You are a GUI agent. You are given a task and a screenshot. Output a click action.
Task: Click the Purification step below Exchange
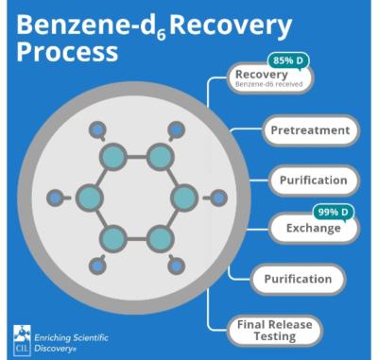click(x=293, y=279)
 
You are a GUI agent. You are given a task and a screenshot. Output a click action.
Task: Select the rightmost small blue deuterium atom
click(x=219, y=198)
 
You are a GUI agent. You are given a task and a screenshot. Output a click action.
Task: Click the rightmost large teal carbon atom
click(x=183, y=198)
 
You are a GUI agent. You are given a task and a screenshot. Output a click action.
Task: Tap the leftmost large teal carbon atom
click(x=91, y=198)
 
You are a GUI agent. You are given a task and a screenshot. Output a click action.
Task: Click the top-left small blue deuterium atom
click(x=96, y=129)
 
